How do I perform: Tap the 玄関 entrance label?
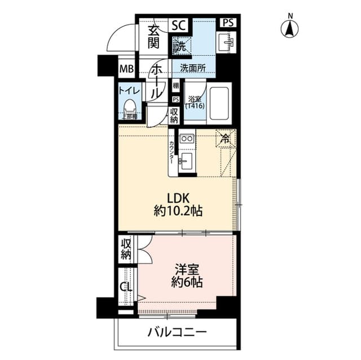pos(154,37)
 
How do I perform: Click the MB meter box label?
pos(126,70)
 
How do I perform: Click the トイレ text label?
pos(129,90)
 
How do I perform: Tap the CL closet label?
pos(126,286)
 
